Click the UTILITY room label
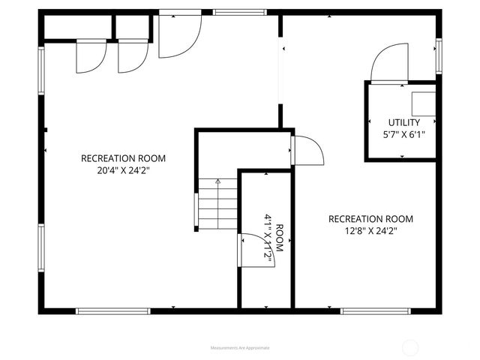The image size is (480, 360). [403, 122]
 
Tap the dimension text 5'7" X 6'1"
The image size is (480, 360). [403, 135]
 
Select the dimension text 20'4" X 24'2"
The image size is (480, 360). [123, 170]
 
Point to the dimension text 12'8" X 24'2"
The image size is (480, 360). [370, 231]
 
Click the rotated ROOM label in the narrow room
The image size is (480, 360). [279, 238]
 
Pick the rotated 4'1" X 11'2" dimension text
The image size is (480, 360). [267, 238]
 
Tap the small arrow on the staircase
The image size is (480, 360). [218, 181]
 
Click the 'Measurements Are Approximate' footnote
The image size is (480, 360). [240, 348]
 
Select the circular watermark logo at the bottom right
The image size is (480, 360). [410, 347]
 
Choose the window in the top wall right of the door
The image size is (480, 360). [240, 13]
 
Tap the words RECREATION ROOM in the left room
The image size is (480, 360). [123, 158]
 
